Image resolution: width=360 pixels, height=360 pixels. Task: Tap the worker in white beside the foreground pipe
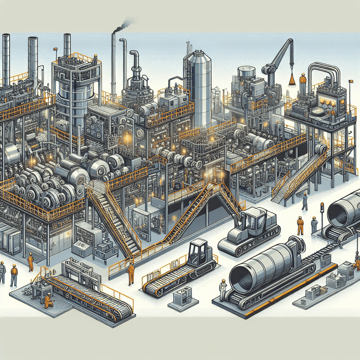[223, 290]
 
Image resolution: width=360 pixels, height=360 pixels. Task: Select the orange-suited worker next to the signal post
[300, 225]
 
